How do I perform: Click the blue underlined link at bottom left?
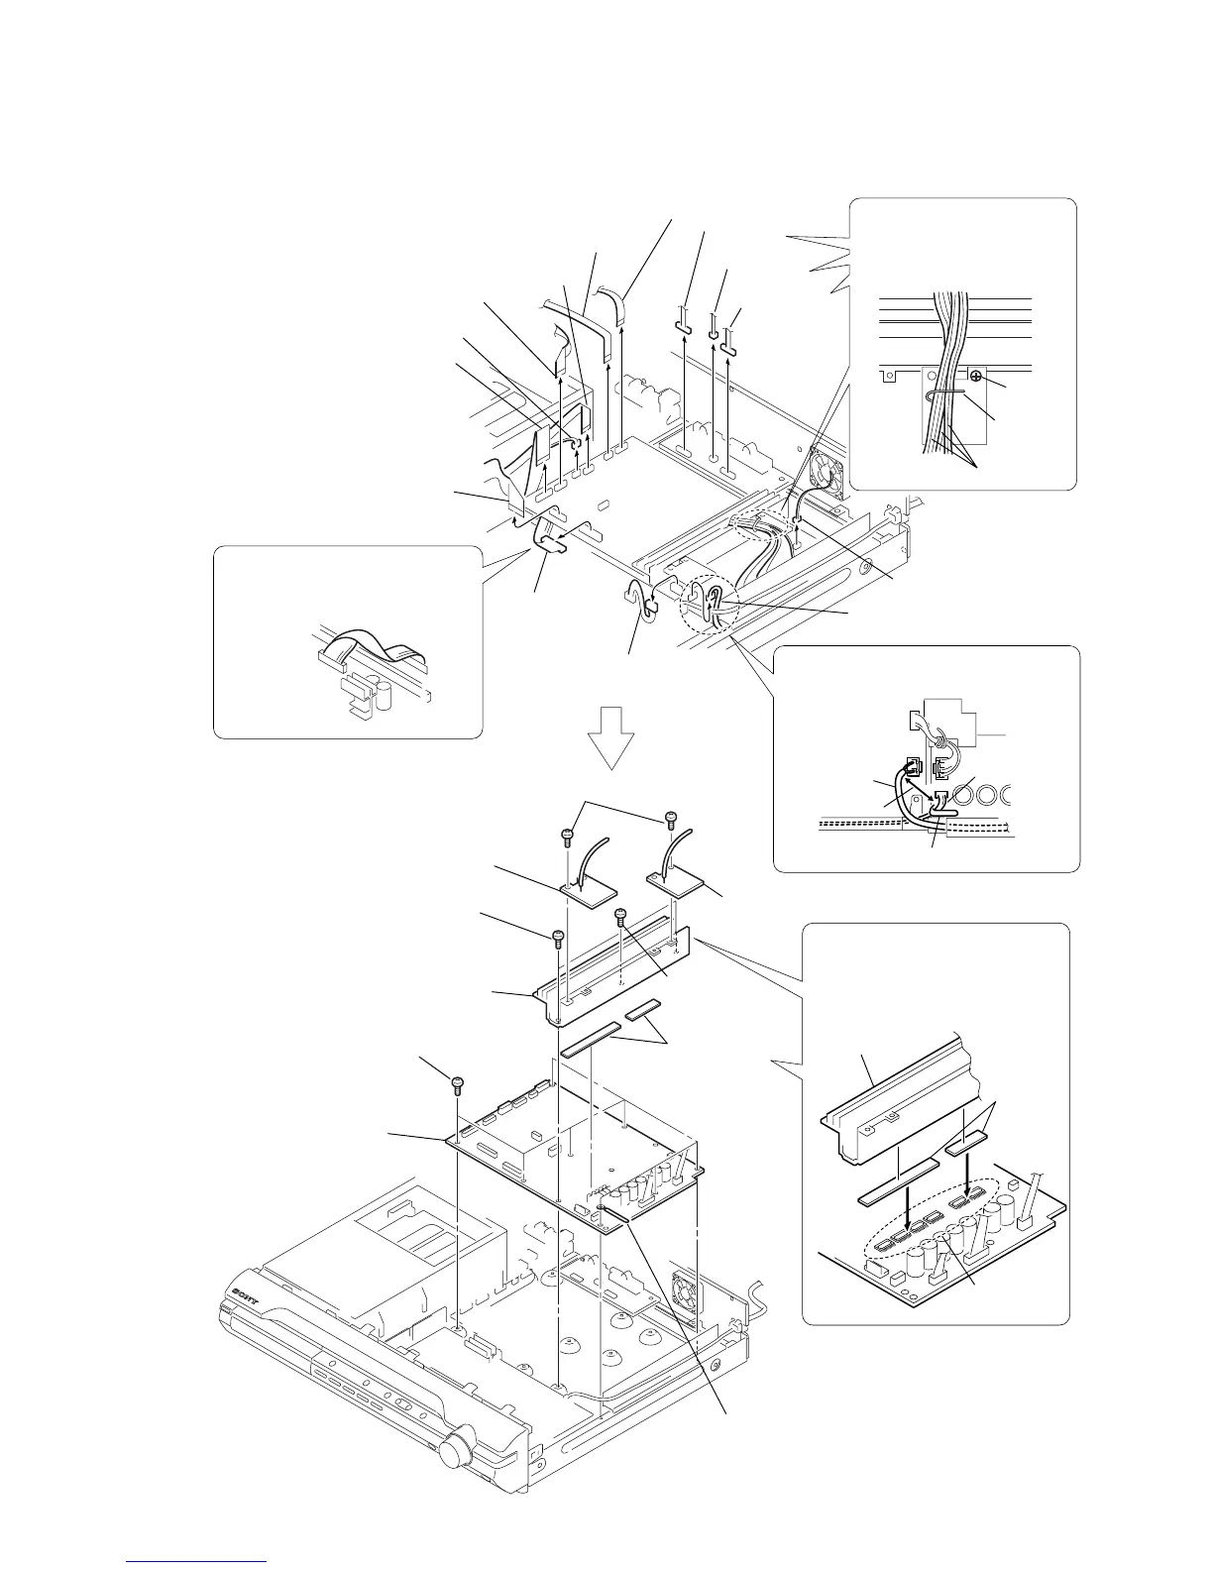pyautogui.click(x=197, y=1561)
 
